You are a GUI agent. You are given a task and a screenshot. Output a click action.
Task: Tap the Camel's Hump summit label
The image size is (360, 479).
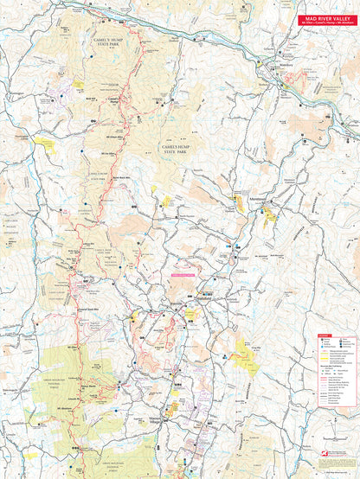click(x=113, y=101)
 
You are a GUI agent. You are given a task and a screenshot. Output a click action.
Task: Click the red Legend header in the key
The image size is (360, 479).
click(x=325, y=335)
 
